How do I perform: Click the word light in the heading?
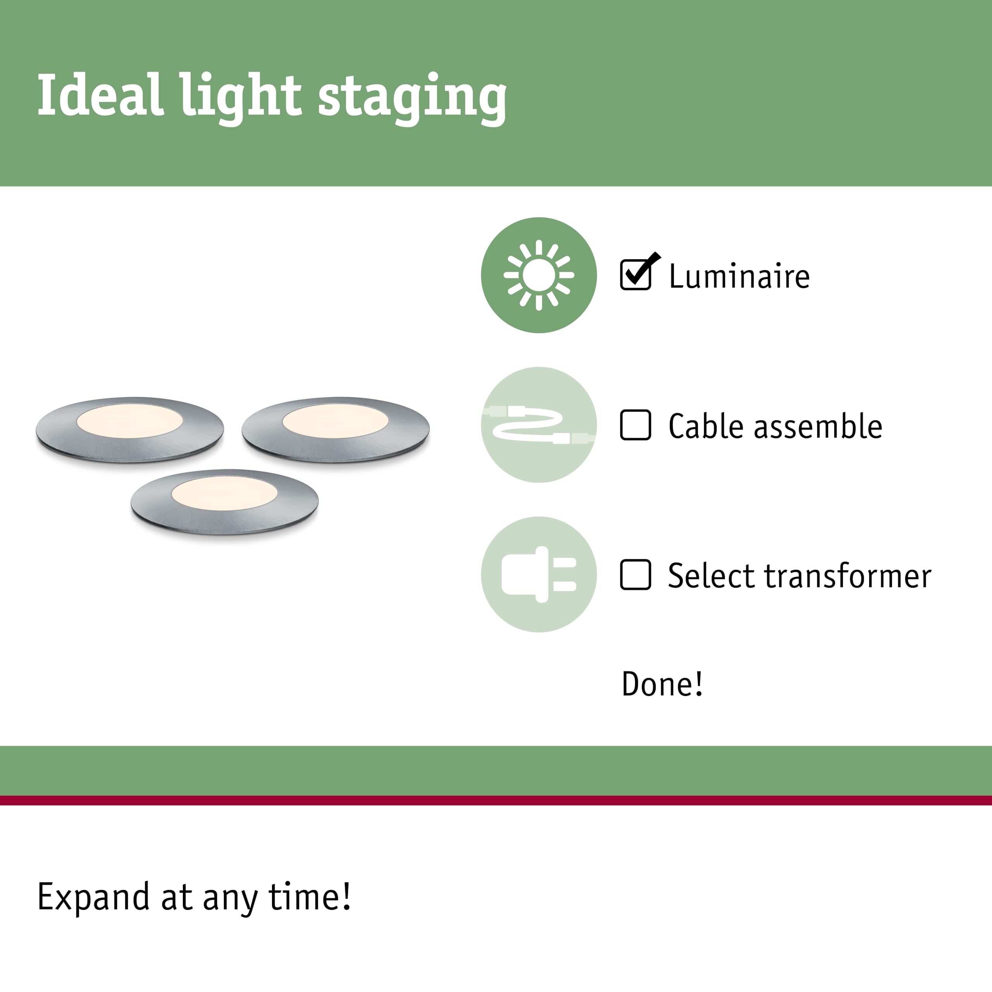(x=241, y=98)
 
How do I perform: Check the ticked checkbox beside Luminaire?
(x=639, y=272)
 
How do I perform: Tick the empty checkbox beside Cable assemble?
(x=635, y=425)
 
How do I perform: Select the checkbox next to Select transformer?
(x=635, y=575)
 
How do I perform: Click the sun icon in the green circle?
(x=539, y=275)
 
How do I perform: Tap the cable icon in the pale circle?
(x=539, y=425)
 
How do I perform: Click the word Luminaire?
(x=739, y=276)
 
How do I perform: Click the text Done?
(x=662, y=684)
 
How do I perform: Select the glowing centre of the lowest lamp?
(x=224, y=493)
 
